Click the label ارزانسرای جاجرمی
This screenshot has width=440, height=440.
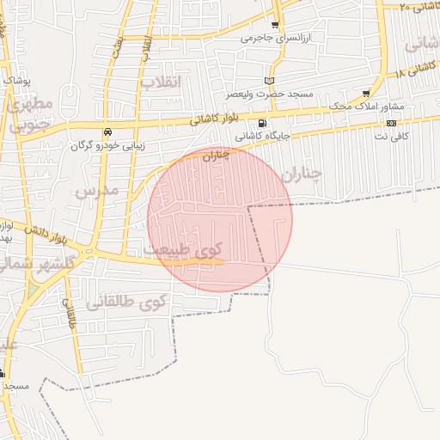(268, 38)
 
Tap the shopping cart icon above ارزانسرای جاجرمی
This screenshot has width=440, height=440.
(275, 25)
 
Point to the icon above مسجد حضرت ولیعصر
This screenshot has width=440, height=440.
(269, 80)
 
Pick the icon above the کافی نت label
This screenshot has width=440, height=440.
(391, 123)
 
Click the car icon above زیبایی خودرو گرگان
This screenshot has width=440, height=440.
(107, 132)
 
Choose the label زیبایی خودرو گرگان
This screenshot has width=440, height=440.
(107, 145)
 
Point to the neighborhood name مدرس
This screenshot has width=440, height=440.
(95, 189)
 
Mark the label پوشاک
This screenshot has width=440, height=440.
(18, 80)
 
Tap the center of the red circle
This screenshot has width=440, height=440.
(220, 219)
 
